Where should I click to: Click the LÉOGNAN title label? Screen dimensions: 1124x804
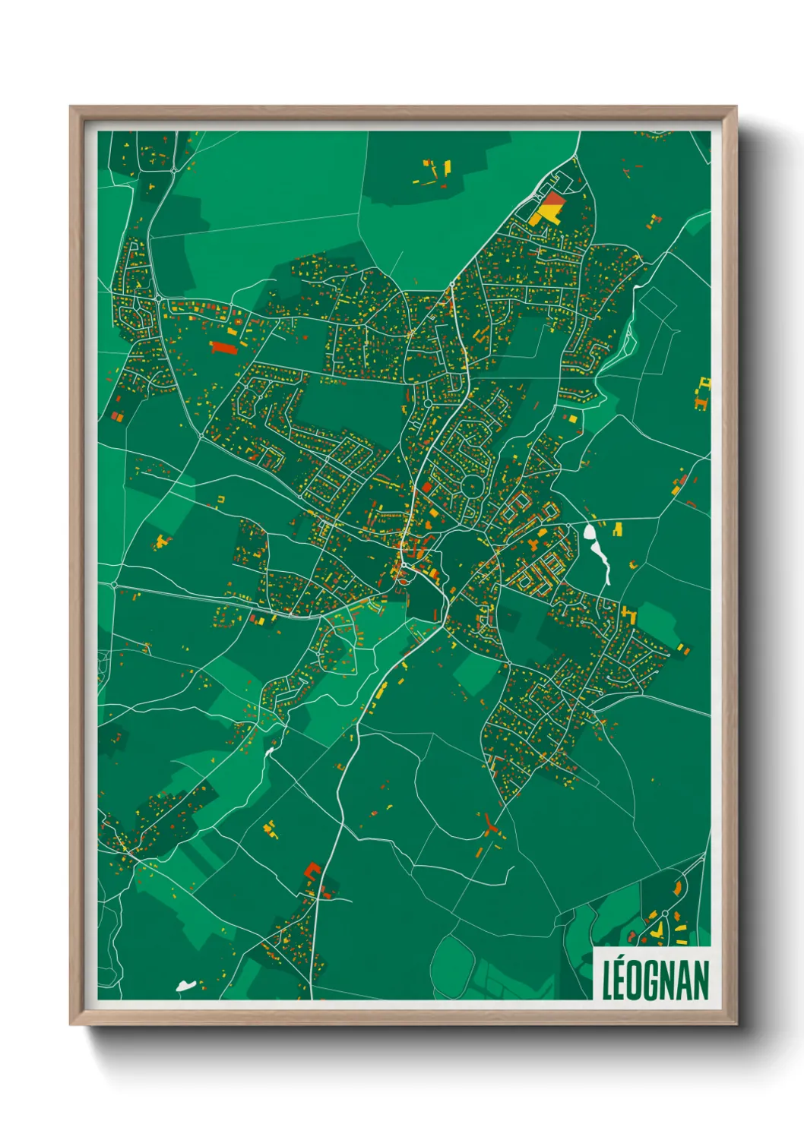[x=655, y=980]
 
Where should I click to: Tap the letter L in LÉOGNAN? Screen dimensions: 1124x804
[x=607, y=980]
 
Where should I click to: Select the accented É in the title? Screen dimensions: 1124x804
[x=621, y=979]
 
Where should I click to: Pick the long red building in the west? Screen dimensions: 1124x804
[x=224, y=347]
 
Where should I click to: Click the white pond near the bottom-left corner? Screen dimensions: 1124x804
[x=186, y=986]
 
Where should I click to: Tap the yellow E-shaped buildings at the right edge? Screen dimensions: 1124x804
[x=703, y=393]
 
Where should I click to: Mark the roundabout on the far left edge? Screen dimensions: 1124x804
[x=115, y=585]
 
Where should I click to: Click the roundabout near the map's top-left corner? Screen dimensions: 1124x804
[x=173, y=169]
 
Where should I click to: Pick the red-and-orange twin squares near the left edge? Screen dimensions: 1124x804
[x=117, y=415]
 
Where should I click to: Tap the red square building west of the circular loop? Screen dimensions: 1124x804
[x=426, y=486]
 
